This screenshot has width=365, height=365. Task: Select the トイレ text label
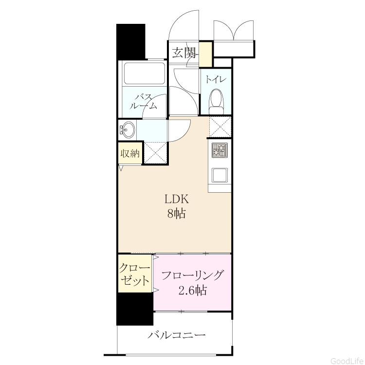(x=216, y=80)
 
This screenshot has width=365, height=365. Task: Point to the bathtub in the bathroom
(x=145, y=73)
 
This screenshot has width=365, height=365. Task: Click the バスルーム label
(x=144, y=101)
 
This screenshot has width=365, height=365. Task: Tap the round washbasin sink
(x=128, y=129)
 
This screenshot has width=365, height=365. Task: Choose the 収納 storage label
(x=130, y=153)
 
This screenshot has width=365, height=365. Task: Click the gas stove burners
(x=219, y=150)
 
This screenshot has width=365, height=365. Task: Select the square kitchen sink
(x=219, y=175)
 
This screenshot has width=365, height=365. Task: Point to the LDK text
(x=176, y=199)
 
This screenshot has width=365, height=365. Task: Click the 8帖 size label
(x=176, y=213)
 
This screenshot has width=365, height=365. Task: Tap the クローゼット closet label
(x=134, y=274)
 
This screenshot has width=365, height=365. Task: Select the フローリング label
(x=192, y=275)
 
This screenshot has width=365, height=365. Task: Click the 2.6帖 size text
(x=192, y=290)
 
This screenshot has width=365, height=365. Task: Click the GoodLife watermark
(x=347, y=361)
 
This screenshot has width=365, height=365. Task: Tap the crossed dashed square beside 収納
(x=155, y=152)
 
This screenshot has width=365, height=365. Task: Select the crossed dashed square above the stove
(x=220, y=127)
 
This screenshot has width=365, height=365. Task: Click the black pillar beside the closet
(x=134, y=309)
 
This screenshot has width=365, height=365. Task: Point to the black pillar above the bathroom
(x=131, y=41)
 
